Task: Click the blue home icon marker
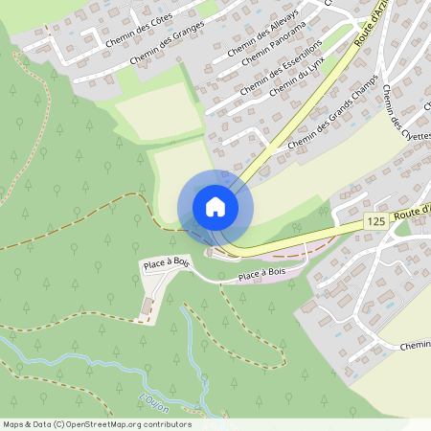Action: [x=215, y=207]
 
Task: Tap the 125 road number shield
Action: [x=375, y=221]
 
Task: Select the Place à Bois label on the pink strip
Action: [x=262, y=277]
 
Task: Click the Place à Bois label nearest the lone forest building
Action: [x=167, y=263]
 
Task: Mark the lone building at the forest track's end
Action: [x=147, y=306]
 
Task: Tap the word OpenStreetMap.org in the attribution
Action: [x=112, y=424]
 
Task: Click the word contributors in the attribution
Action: [x=169, y=424]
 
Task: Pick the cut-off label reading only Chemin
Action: [x=416, y=345]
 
